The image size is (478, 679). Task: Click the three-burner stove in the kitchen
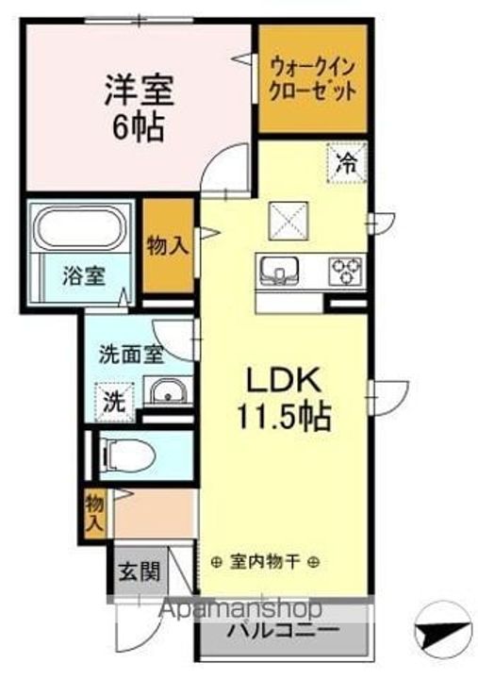coord(346,271)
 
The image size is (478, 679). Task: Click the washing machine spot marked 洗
coord(112,400)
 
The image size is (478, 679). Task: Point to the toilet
coord(126,455)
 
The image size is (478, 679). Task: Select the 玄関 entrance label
coord(138,572)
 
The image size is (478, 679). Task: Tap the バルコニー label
coord(283,629)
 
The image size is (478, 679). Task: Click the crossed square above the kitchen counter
coord(285,223)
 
